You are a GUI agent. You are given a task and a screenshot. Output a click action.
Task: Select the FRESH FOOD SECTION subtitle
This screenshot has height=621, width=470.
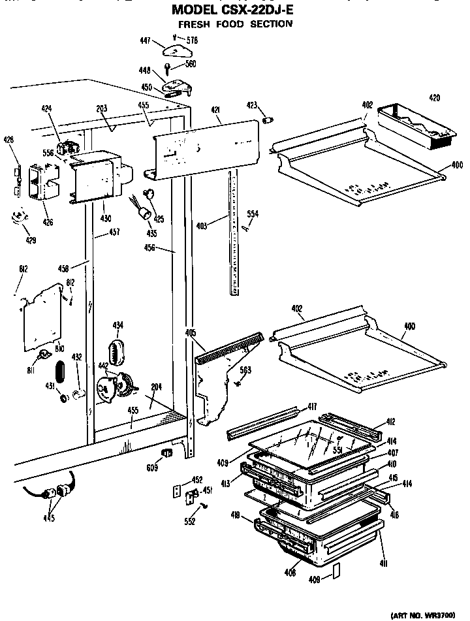[235, 24]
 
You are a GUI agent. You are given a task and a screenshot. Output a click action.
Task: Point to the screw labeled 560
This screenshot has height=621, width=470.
[168, 67]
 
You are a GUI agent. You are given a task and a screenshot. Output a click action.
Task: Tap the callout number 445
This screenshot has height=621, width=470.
[49, 519]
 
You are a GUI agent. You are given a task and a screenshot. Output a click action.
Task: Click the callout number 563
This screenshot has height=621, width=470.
[245, 370]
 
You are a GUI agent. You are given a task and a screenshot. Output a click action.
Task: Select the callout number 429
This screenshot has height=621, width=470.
[31, 240]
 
